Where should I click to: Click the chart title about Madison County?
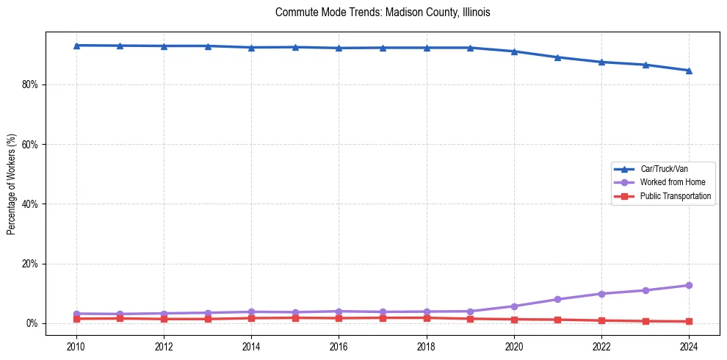pyautogui.click(x=383, y=12)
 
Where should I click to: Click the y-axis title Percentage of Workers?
pyautogui.click(x=12, y=183)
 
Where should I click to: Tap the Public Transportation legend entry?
pyautogui.click(x=675, y=196)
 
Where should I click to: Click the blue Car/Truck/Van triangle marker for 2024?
pyautogui.click(x=689, y=71)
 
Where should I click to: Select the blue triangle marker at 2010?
pyautogui.click(x=76, y=46)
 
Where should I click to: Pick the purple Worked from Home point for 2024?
pyautogui.click(x=689, y=285)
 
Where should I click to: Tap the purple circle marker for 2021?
pyautogui.click(x=557, y=299)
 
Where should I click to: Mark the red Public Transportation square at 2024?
pyautogui.click(x=689, y=321)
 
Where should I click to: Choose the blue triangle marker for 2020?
pyautogui.click(x=514, y=51)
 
